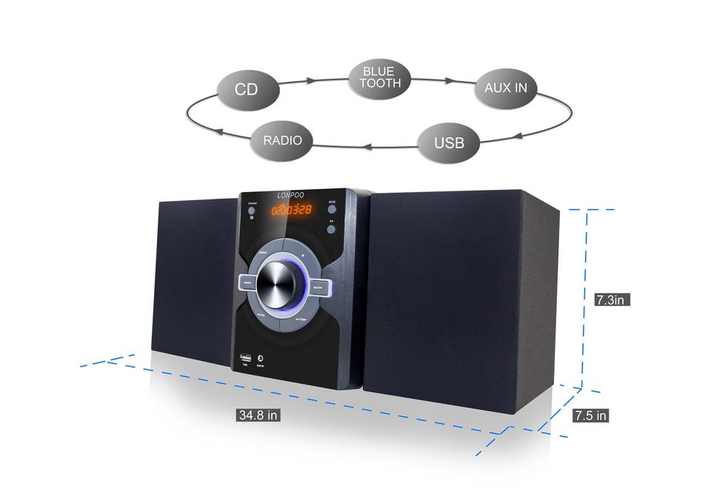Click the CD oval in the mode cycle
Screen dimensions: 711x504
click(247, 90)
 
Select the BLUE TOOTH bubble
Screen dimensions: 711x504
click(380, 77)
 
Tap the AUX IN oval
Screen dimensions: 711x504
click(506, 88)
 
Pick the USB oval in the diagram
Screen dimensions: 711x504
click(449, 142)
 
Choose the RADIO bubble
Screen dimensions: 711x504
click(282, 139)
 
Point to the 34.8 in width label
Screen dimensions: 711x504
click(258, 415)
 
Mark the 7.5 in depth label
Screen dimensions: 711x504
click(590, 415)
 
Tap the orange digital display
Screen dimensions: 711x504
click(291, 210)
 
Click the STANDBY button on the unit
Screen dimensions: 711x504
click(251, 210)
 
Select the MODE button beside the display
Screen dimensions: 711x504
click(333, 210)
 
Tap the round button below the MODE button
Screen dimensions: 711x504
click(332, 230)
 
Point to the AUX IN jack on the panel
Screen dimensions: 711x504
click(259, 359)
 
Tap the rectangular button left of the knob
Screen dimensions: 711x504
click(248, 282)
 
